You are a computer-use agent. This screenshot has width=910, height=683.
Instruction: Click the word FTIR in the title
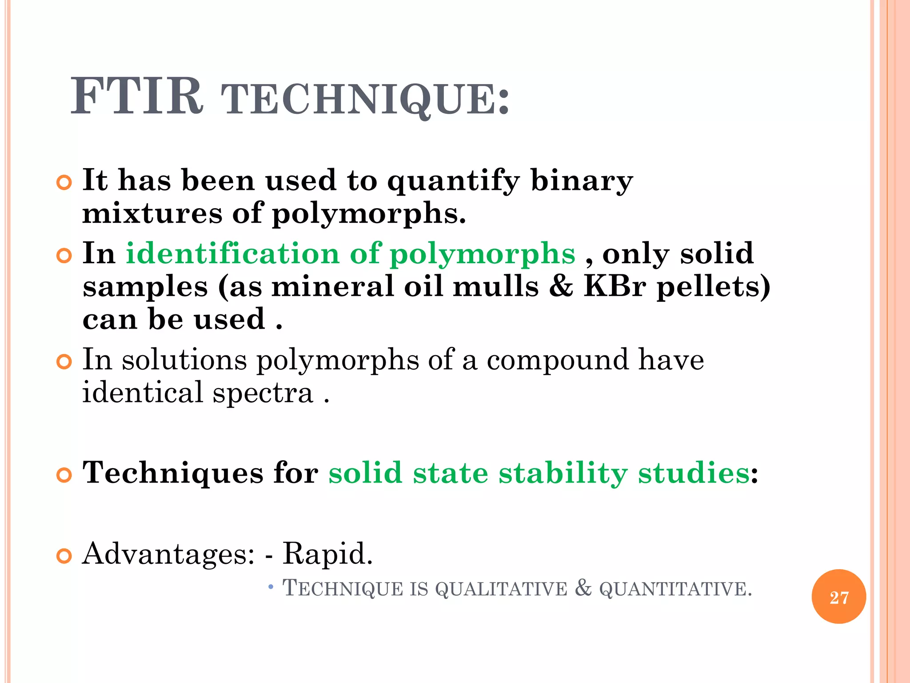tap(137, 97)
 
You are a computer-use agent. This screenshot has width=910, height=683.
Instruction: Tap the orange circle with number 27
tap(838, 597)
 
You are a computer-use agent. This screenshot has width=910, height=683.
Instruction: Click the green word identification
tap(232, 253)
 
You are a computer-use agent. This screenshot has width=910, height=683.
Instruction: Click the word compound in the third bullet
tap(558, 360)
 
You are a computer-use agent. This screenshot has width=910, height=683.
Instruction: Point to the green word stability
tap(563, 473)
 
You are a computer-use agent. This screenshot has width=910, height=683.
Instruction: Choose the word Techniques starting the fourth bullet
tap(173, 473)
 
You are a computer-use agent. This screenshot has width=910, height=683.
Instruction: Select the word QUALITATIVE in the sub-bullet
tap(501, 589)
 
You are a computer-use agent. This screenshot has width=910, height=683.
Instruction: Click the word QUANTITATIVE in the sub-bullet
tap(675, 589)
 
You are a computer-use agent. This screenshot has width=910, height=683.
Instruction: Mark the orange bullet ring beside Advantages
tap(64, 556)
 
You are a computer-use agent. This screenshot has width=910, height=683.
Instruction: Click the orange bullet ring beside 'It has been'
tap(64, 183)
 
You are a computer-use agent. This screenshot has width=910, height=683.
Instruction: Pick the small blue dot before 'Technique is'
tap(271, 588)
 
